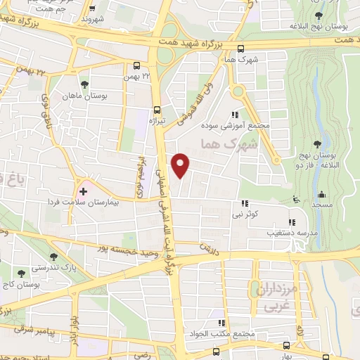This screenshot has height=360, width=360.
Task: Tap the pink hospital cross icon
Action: (x=83, y=190)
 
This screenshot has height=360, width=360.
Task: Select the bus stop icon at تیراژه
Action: (x=157, y=110)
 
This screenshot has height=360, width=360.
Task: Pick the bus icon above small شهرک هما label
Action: (x=240, y=49)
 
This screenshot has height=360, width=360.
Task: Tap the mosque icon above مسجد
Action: (x=322, y=194)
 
